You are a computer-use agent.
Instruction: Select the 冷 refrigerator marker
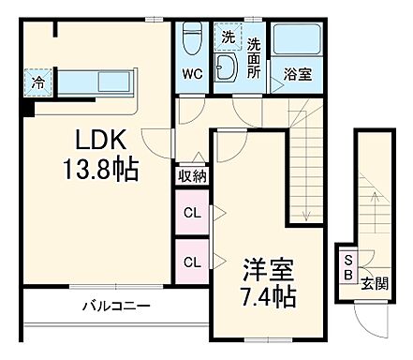[x=37, y=82]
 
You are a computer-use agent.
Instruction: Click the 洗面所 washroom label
[x=254, y=56]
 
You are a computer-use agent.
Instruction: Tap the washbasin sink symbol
[x=227, y=67]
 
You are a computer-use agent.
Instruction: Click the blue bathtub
[x=296, y=42]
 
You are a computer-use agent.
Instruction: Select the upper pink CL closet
[x=192, y=214]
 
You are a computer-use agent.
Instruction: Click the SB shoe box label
[x=347, y=267]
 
